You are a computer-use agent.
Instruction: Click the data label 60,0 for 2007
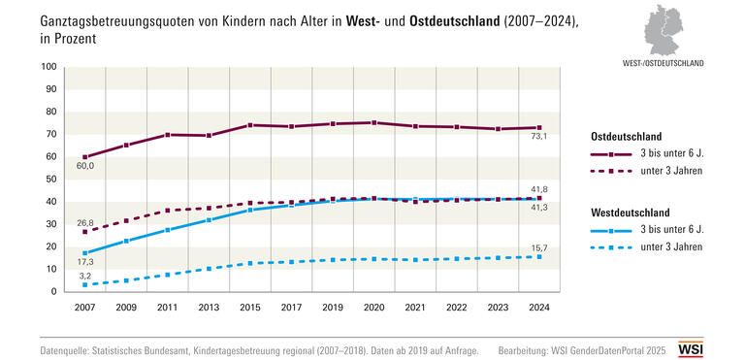tap(85, 167)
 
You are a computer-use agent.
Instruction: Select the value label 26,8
tap(85, 222)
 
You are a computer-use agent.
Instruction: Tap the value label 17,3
tap(85, 263)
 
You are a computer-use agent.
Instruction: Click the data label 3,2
tap(85, 276)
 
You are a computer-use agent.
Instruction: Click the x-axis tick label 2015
tap(250, 307)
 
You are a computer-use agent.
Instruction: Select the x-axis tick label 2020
tap(373, 307)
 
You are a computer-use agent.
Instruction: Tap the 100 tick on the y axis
tap(49, 67)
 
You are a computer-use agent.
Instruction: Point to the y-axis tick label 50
tap(50, 180)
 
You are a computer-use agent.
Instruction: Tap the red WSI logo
tap(718, 347)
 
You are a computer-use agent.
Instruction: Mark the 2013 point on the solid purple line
tap(209, 135)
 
